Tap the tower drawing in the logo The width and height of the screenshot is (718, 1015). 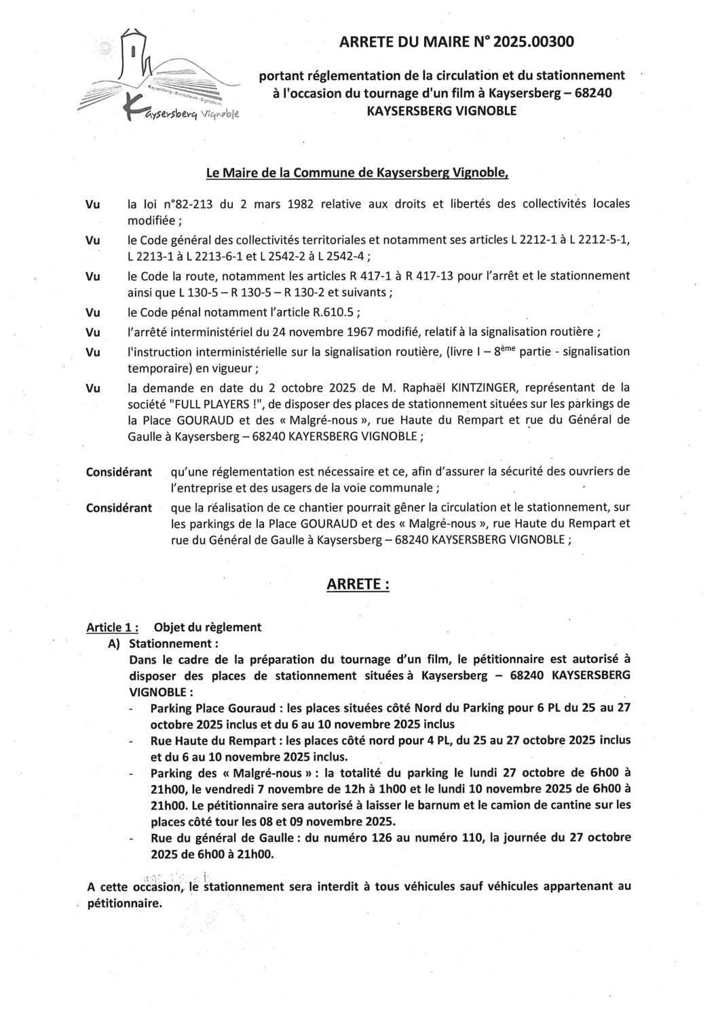pyautogui.click(x=135, y=58)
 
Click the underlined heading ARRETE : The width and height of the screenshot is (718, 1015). pyautogui.click(x=358, y=584)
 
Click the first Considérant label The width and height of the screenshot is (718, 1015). pyautogui.click(x=119, y=472)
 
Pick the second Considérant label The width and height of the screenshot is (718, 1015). pyautogui.click(x=119, y=507)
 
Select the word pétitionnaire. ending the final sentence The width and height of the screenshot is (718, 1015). pyautogui.click(x=126, y=904)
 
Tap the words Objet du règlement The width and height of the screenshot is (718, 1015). pyautogui.click(x=208, y=627)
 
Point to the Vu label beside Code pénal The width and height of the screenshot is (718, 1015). pyautogui.click(x=93, y=313)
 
